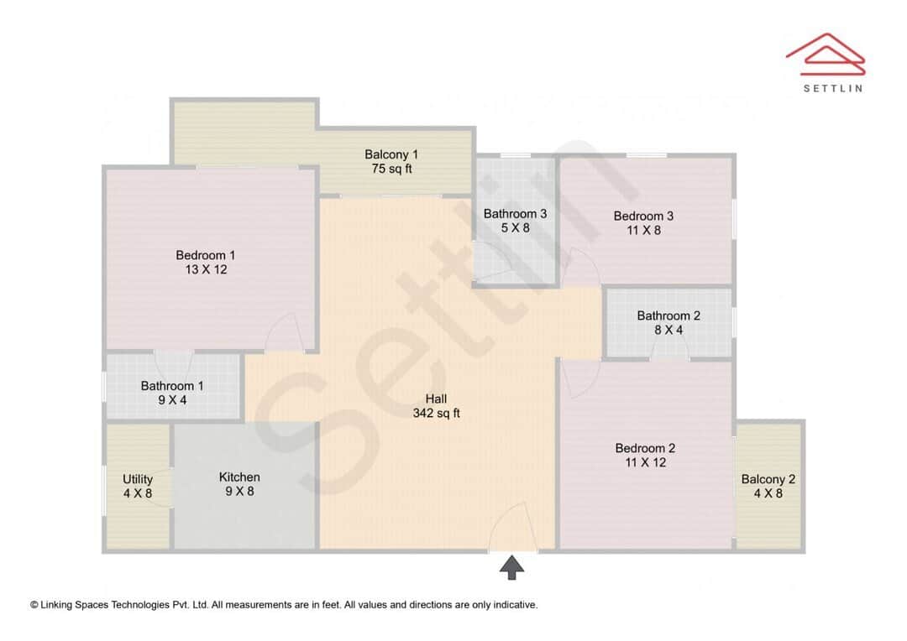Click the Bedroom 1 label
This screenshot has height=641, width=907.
click(x=206, y=255)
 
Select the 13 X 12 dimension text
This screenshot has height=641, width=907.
click(x=206, y=270)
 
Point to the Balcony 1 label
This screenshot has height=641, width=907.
click(x=391, y=154)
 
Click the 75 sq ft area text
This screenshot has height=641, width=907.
click(x=391, y=169)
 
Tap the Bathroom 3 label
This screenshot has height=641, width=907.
click(x=515, y=214)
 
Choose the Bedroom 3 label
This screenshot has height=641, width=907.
click(x=643, y=216)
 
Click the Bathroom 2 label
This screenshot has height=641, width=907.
click(x=668, y=315)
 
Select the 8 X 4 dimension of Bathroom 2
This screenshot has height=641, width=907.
click(x=668, y=331)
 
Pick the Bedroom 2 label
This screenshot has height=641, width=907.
click(x=645, y=448)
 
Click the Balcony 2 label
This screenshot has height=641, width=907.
click(x=768, y=479)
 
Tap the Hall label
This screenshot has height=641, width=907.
click(x=437, y=399)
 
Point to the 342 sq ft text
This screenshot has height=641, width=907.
click(x=437, y=414)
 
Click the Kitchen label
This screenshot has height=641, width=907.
click(x=239, y=477)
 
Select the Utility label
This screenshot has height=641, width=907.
click(x=138, y=479)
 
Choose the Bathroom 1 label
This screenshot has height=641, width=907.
click(x=172, y=386)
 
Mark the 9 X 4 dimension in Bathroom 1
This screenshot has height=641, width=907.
click(x=172, y=400)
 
